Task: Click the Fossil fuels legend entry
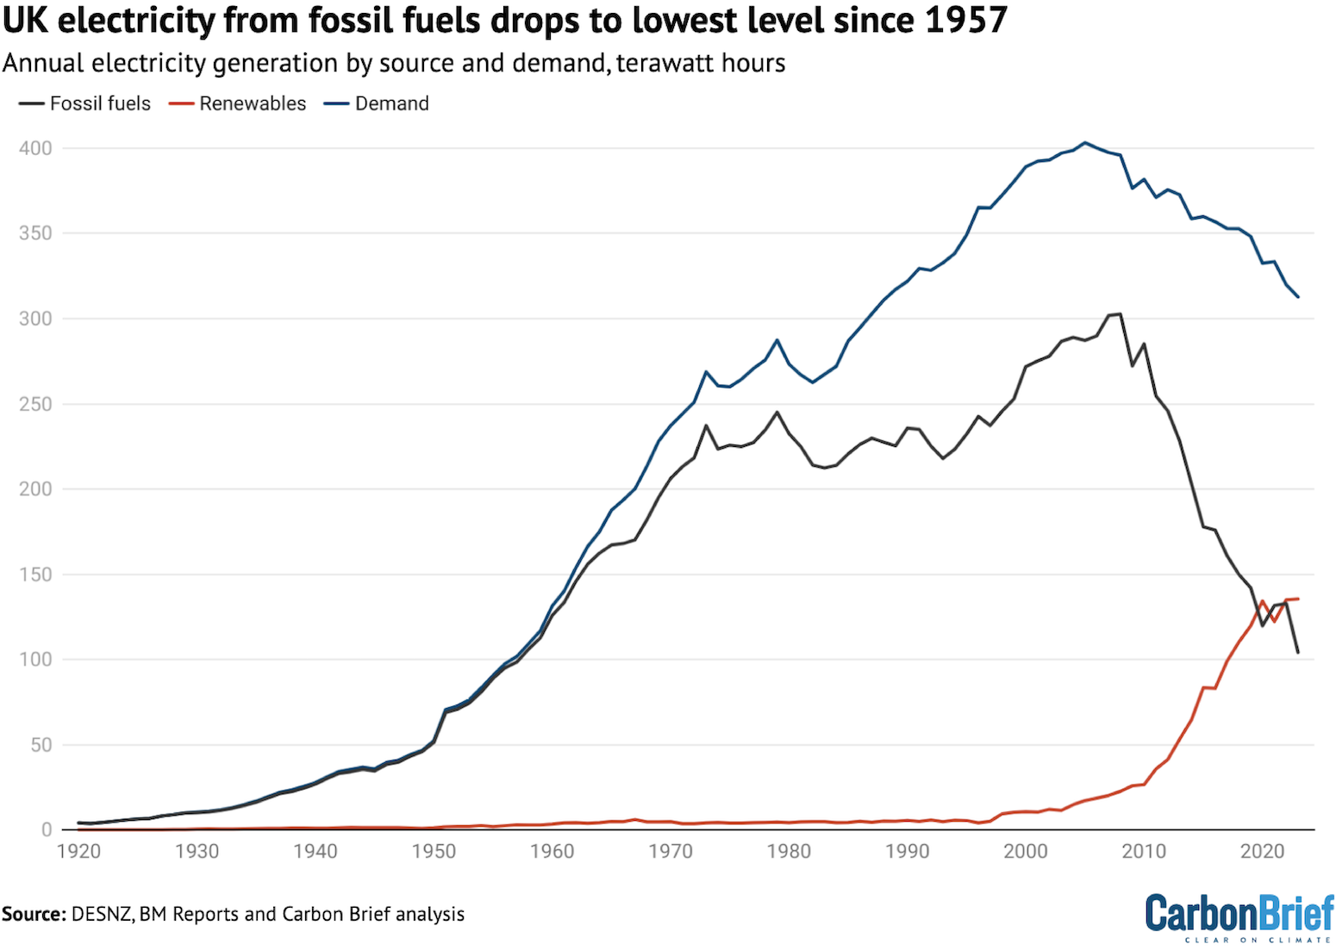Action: click(x=85, y=103)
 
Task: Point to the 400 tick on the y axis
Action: click(x=35, y=149)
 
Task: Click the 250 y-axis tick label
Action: click(x=35, y=404)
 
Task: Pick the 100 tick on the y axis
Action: click(x=35, y=660)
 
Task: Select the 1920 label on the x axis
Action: click(x=78, y=852)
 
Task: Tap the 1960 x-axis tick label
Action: click(x=552, y=852)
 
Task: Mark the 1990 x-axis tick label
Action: click(x=908, y=852)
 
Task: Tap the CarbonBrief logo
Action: click(x=1239, y=916)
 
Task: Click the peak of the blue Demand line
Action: click(x=1085, y=143)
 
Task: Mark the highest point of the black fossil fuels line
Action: click(x=1120, y=314)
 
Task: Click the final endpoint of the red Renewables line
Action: click(x=1298, y=599)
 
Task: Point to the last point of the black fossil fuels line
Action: click(x=1298, y=652)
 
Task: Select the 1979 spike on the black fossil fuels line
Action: click(x=777, y=412)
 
